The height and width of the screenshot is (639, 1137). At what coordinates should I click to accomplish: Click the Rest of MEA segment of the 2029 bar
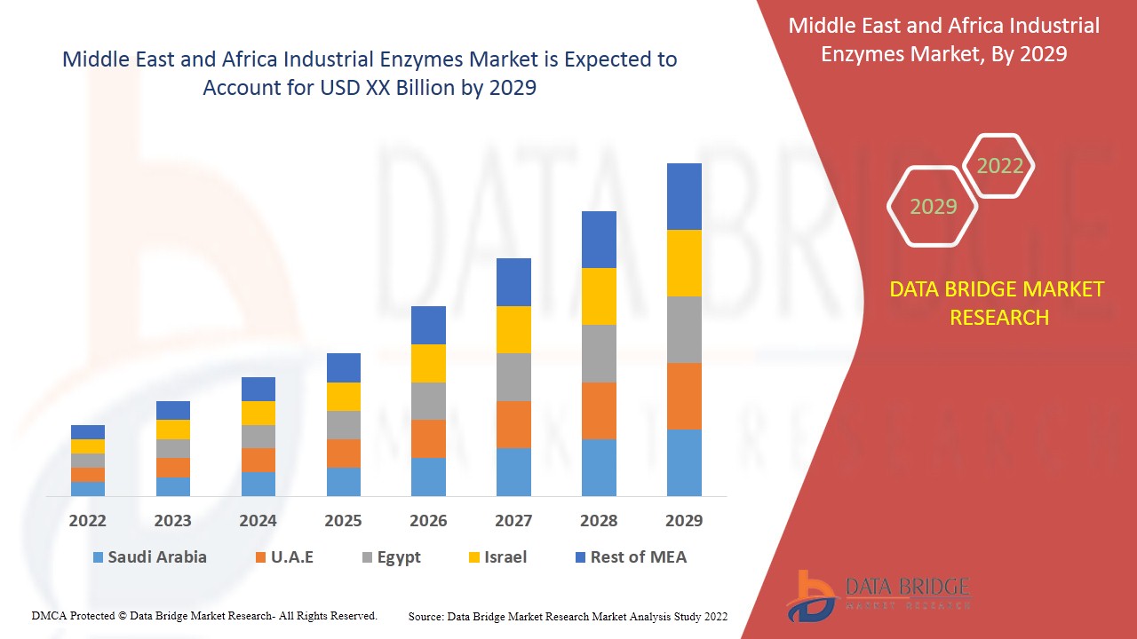pos(684,196)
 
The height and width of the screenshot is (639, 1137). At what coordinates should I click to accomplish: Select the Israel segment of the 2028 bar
pos(599,296)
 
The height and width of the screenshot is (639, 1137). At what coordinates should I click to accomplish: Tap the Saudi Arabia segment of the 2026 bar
pos(428,477)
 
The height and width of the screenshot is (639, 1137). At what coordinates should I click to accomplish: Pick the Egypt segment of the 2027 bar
pos(513,377)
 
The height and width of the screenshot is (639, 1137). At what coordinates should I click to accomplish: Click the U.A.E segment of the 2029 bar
pos(684,396)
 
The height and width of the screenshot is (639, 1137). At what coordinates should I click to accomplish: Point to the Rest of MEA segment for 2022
pos(88,432)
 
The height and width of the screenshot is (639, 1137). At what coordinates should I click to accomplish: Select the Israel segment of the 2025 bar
pos(344,397)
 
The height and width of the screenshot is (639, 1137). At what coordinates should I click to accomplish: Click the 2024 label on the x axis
pos(258,521)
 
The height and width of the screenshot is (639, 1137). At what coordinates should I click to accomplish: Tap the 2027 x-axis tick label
pos(513,521)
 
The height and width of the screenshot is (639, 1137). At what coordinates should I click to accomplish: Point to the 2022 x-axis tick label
pos(88,521)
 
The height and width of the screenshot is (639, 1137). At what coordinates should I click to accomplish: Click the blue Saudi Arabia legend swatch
pos(98,558)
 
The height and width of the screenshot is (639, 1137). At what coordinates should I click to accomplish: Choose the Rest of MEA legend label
pos(638,557)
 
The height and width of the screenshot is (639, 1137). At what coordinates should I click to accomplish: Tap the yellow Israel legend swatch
pos(475,558)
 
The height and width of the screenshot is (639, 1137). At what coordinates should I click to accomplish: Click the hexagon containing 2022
pos(999,166)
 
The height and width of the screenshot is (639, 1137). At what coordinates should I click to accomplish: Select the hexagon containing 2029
pos(933,207)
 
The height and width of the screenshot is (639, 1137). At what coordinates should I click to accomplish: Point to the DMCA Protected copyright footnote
pos(204,615)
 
